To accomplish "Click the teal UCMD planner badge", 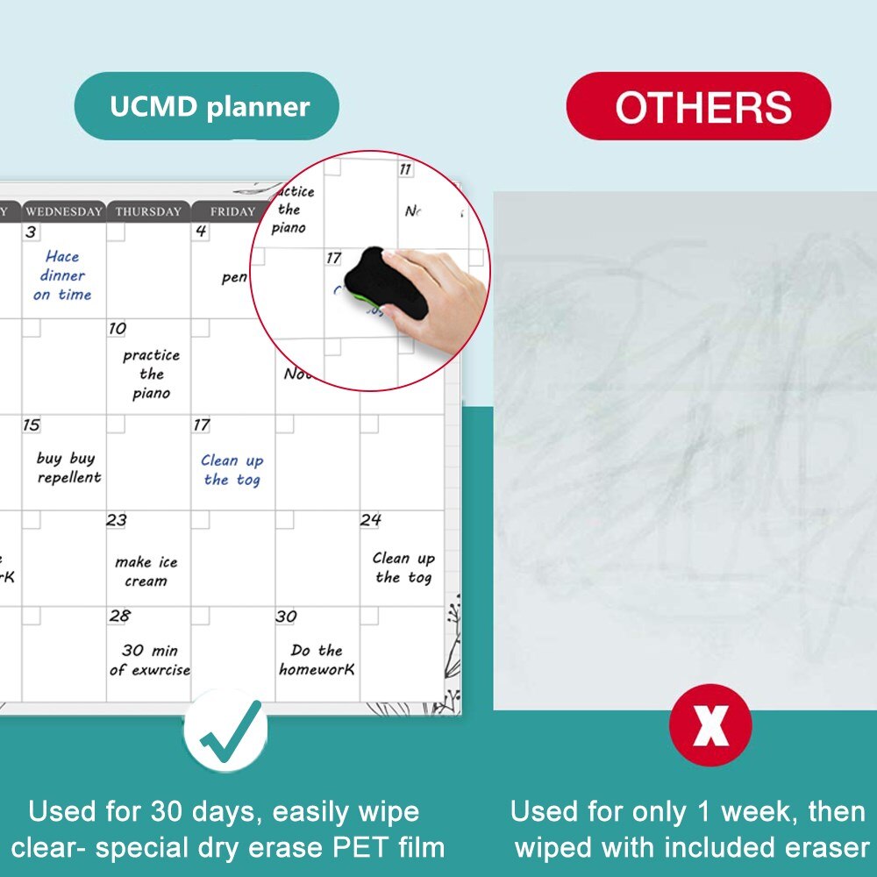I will [x=207, y=107].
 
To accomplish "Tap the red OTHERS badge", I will [x=699, y=107].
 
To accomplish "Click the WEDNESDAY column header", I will [x=63, y=211].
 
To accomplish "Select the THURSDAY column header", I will [x=148, y=211].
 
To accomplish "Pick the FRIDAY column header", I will [x=232, y=211].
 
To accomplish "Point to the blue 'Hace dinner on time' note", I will [x=62, y=275].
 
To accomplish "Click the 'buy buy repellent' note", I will [x=68, y=467].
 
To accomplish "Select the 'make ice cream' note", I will [x=146, y=571].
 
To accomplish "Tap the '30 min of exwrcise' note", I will [x=149, y=660].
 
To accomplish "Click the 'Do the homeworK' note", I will [x=317, y=660].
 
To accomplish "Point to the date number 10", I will [x=118, y=329].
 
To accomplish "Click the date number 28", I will [x=119, y=617].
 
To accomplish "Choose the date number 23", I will [x=117, y=520].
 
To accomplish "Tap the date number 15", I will [x=32, y=425].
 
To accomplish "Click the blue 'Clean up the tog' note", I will [x=232, y=470].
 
